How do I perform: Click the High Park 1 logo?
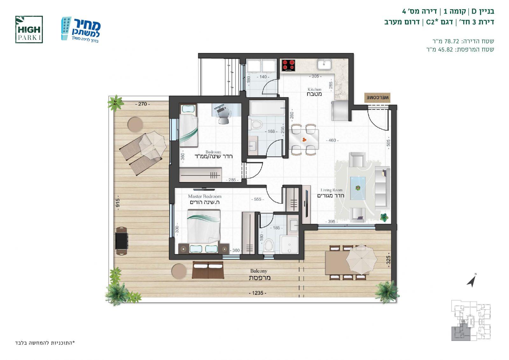point(29,30)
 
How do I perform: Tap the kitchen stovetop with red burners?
point(288,65)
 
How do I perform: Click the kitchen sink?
point(324,64)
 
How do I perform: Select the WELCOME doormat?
point(377,98)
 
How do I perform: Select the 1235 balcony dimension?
point(257,293)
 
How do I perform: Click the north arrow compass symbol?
point(471,280)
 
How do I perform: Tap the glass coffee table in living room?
point(358,188)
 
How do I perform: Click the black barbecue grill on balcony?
point(122,241)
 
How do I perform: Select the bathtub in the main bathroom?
point(267,108)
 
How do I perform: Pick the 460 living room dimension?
point(332,140)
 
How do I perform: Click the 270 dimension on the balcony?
point(143,104)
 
